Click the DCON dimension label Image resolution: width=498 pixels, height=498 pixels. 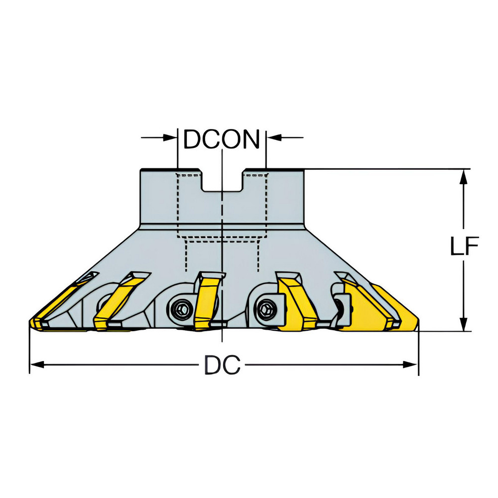(222, 139)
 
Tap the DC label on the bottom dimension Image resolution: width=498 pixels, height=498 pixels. (222, 366)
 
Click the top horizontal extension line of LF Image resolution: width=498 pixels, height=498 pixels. (388, 169)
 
